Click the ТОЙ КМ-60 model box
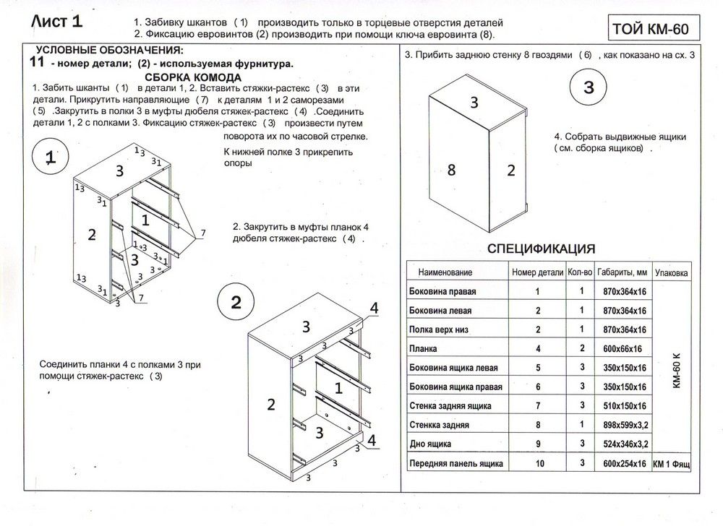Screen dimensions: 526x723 tap(649, 29)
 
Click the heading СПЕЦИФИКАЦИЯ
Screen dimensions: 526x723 tap(542, 249)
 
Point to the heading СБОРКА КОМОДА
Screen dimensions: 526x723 tap(193, 77)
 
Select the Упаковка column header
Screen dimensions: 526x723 tap(671, 273)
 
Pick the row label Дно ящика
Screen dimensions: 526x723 tap(430, 443)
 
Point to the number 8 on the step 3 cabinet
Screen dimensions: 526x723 tap(451, 171)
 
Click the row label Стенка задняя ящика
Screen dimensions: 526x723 tap(450, 405)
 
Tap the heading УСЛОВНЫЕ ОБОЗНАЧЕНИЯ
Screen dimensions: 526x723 tap(109, 50)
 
